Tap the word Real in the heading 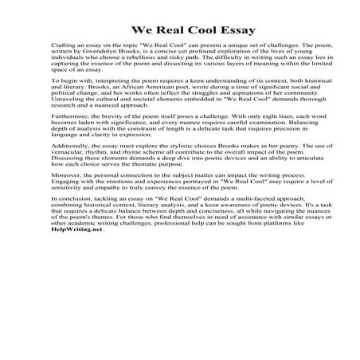[x=166, y=32]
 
